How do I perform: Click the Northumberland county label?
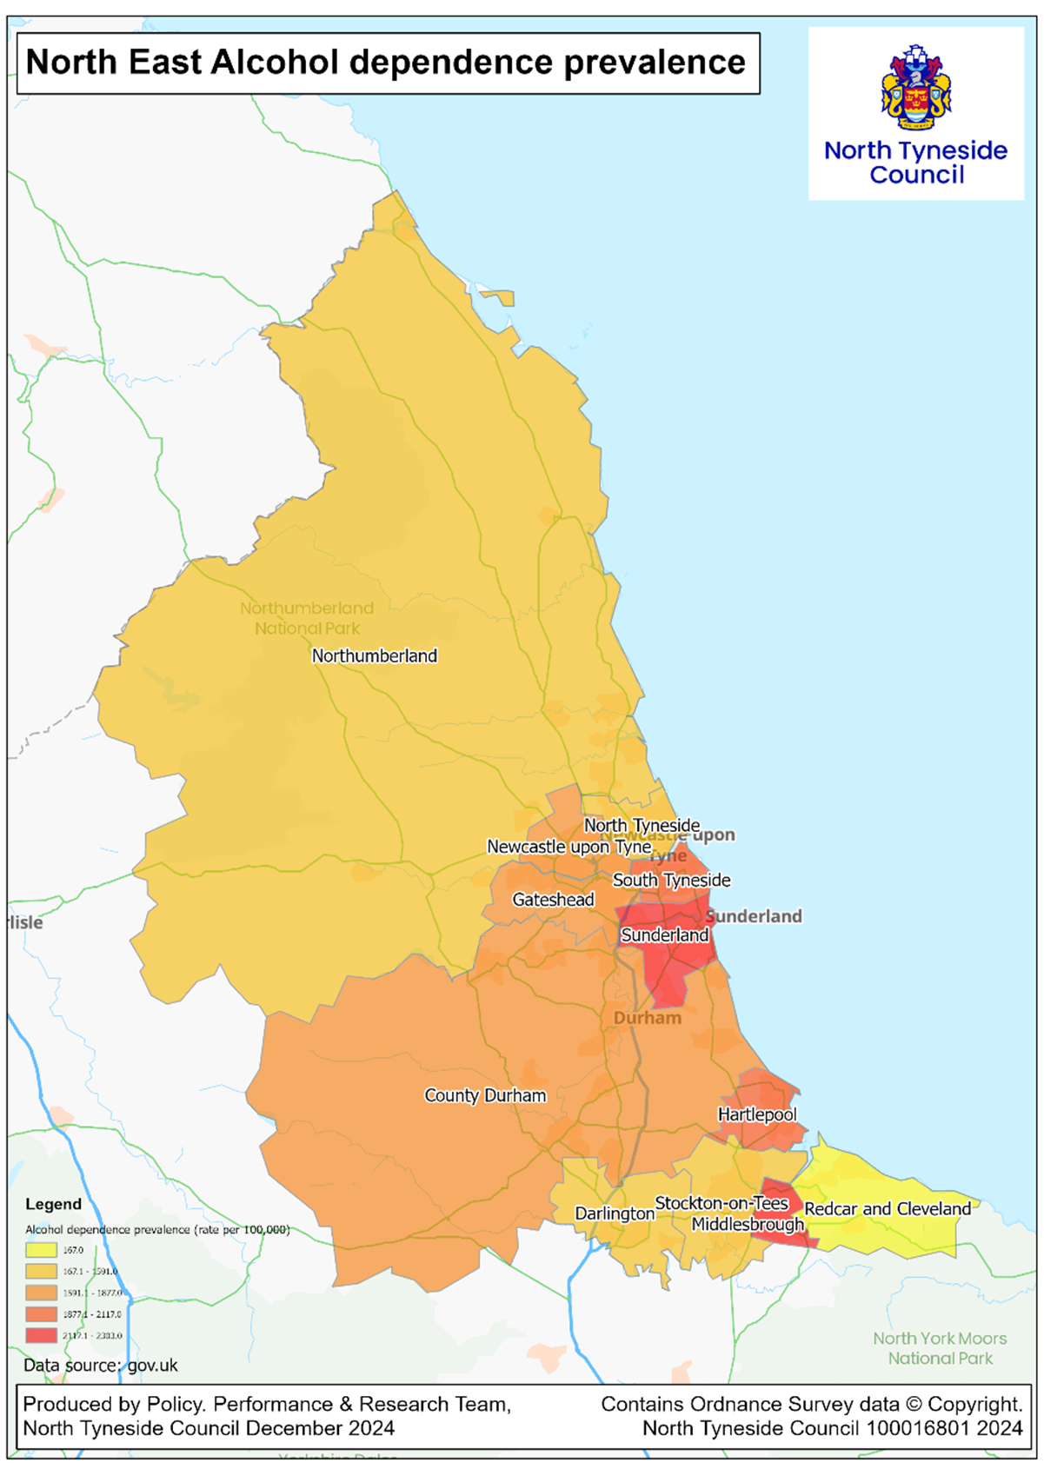coord(374,656)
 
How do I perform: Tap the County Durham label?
coord(485,1095)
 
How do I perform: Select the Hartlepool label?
coord(756,1114)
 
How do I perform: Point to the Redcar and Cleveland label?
coord(888,1209)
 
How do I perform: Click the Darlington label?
coord(615,1213)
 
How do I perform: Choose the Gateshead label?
coord(553,900)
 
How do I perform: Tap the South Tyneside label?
coord(671,881)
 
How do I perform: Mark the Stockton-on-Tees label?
coord(721,1203)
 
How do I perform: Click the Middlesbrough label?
coord(748,1225)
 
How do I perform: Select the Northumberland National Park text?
coord(307,618)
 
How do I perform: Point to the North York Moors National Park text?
coord(940,1348)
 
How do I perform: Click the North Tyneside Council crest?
coord(916,87)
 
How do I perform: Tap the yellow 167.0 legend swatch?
coord(41,1250)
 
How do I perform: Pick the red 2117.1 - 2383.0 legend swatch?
coord(41,1335)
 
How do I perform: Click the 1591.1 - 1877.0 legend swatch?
coord(41,1293)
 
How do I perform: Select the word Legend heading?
coord(53,1204)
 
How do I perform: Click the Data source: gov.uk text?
coord(100,1366)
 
